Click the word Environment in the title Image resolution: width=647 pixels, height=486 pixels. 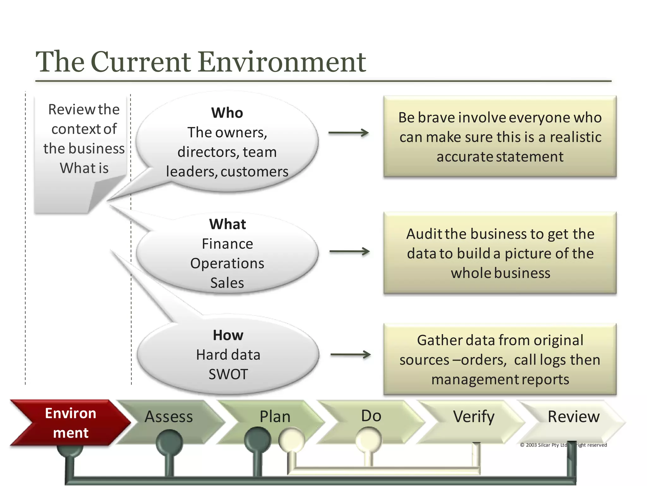coord(282,62)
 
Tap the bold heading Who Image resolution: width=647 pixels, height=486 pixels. coord(227,113)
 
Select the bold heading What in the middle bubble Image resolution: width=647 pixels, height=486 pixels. coord(227,224)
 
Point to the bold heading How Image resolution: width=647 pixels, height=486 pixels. coord(228,335)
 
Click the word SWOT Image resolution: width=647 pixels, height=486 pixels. coord(228,374)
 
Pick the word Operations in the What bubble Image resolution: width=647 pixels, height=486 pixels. coord(227,264)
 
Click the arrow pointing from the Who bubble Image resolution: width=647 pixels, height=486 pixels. coord(348,133)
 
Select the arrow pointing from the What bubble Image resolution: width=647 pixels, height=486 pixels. coord(349,252)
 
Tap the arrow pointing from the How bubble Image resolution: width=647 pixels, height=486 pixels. coord(350,355)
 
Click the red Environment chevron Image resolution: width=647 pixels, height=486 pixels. coord(70,423)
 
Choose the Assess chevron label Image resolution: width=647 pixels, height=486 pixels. coord(169,417)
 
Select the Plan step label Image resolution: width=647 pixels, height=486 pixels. coord(275,417)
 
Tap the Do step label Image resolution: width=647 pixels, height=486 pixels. coord(371,416)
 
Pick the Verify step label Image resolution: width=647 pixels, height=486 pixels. coord(474,417)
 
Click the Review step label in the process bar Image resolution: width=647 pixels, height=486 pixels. coord(573,417)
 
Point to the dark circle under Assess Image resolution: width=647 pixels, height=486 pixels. coord(169,442)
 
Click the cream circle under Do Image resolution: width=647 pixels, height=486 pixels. coord(368,439)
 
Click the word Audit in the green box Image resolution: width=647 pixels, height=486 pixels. coord(424,234)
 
